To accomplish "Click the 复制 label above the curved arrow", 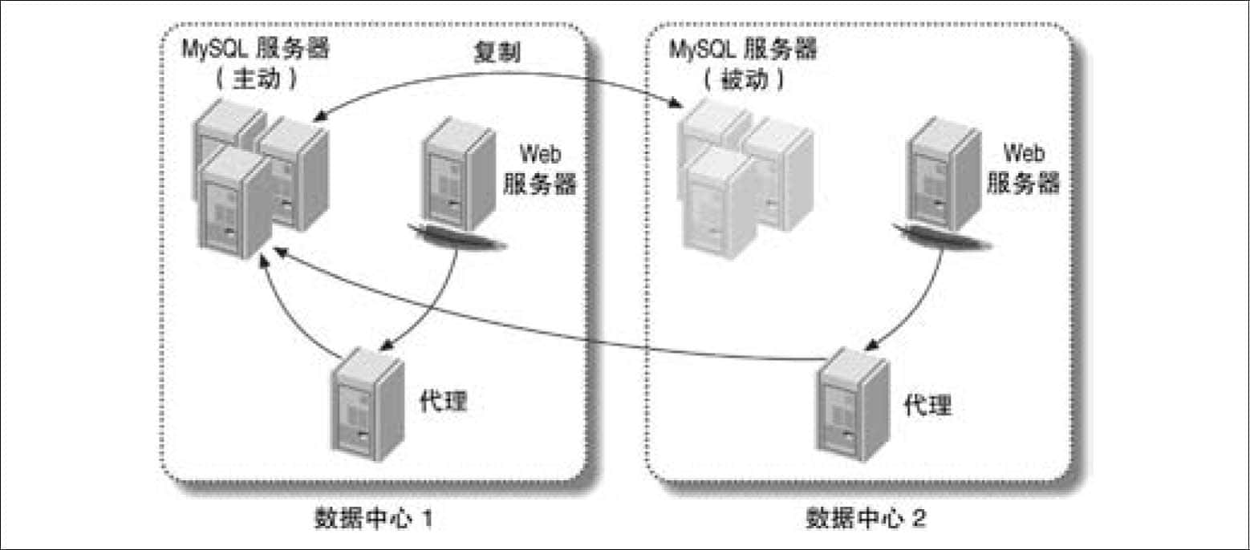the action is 497,52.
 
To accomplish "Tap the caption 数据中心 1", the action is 373,518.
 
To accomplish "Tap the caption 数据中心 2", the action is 866,518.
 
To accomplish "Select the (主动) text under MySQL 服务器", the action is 257,79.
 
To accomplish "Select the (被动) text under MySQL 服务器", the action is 745,79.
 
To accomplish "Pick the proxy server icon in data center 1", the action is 367,404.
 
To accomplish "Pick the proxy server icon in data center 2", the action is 852,404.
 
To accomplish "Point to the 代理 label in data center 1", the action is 443,401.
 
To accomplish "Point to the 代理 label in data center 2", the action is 927,404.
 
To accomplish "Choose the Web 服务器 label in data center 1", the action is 540,169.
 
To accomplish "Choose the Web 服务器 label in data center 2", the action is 1024,168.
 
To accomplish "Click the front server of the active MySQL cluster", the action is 234,204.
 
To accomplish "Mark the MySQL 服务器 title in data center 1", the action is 256,49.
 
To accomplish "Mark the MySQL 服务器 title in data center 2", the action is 743,49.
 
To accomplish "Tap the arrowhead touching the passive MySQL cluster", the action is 676,103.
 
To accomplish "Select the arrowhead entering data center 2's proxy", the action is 871,344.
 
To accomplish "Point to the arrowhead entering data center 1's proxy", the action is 386,344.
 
